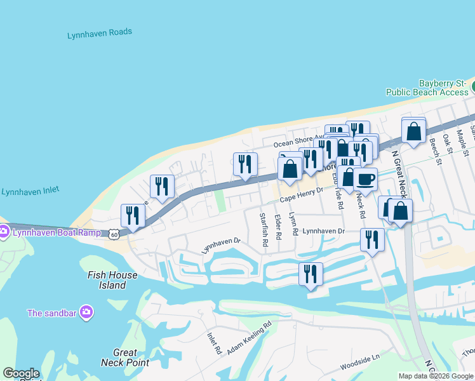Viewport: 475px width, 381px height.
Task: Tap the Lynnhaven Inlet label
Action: point(34,192)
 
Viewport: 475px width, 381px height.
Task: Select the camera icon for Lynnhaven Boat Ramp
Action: point(3,231)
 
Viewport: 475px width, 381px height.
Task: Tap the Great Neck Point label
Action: point(125,358)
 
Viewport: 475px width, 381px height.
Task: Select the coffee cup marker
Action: point(365,180)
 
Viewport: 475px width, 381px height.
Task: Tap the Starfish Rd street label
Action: point(264,230)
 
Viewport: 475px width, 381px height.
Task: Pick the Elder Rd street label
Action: point(278,227)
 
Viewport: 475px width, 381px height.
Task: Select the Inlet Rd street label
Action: point(214,343)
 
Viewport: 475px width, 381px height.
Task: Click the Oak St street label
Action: point(450,145)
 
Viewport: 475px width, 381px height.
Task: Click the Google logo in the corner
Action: point(20,373)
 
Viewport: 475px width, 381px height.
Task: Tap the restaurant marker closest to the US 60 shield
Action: point(132,216)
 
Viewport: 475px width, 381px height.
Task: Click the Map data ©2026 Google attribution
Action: point(436,376)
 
